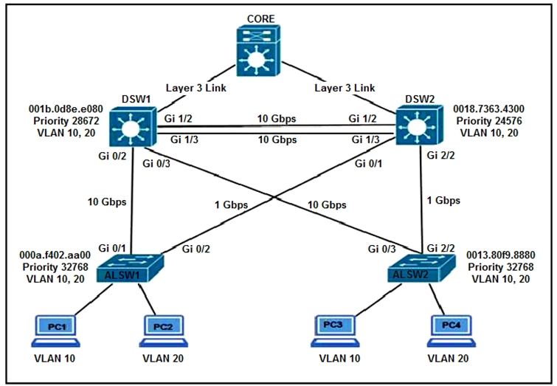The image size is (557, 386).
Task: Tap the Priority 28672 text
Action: point(58,122)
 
